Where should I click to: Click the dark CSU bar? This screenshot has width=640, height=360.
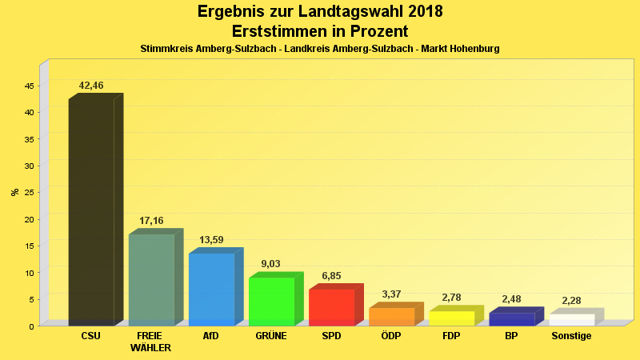91,212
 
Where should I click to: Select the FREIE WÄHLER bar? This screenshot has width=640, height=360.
151,280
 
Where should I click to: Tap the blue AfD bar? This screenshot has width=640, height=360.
211,289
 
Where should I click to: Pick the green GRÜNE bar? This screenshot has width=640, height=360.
271,302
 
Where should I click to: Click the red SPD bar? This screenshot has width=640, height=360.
331,307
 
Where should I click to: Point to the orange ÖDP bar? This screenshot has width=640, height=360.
391,317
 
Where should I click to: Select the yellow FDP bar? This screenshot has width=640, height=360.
451,318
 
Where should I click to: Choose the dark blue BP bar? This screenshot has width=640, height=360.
511,319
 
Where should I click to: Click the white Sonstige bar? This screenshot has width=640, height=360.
571,320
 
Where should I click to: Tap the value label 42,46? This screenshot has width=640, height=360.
91,86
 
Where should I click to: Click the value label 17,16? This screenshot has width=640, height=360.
151,220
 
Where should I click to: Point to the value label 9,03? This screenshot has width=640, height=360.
271,264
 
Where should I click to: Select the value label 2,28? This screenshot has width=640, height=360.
571,301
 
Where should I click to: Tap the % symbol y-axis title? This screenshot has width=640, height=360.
14,192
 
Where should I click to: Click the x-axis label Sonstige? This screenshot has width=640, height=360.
571,336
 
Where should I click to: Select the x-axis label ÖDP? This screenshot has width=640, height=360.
391,336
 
